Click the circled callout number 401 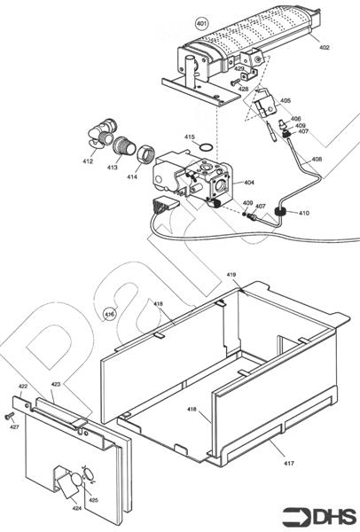(201, 24)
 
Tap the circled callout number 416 (109, 314)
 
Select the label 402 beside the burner (324, 48)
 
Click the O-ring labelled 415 (206, 147)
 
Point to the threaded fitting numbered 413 (124, 146)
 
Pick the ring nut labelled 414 (146, 154)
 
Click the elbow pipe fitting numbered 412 (102, 134)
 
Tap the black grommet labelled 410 (280, 213)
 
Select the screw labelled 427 (9, 415)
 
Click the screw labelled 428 (235, 82)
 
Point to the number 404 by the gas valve (248, 183)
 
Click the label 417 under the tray (288, 463)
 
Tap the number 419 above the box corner (231, 275)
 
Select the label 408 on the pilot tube (317, 159)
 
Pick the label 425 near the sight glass (93, 500)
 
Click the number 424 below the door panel (76, 508)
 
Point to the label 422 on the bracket (23, 386)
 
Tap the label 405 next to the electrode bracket (285, 101)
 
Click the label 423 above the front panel (56, 384)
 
